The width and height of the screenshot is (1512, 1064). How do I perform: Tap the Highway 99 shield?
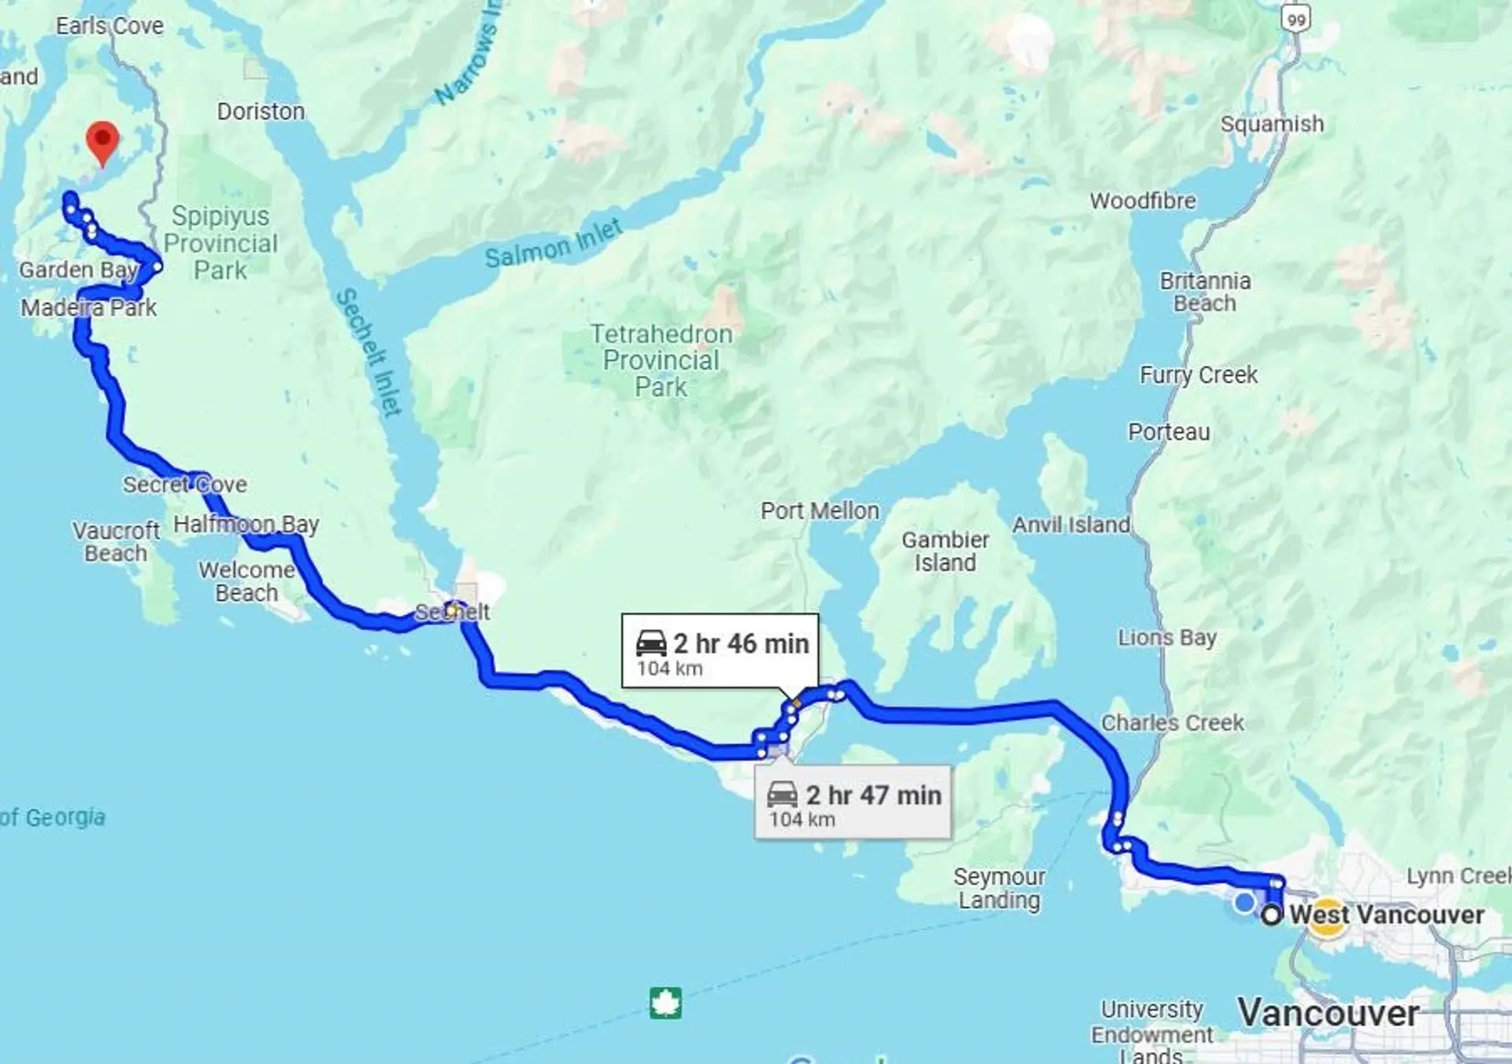point(1296,18)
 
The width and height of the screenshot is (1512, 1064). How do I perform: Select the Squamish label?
point(1272,124)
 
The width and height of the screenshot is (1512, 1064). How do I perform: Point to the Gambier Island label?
point(945,551)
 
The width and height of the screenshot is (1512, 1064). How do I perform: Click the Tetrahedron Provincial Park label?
point(661,360)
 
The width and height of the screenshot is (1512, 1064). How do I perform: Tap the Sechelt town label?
point(452,612)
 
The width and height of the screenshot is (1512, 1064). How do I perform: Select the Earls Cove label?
point(109,26)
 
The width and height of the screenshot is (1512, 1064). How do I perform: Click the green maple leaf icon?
point(665,1003)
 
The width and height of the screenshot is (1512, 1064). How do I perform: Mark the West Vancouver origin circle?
point(1271,915)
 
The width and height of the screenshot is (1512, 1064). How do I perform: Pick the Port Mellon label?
point(820,510)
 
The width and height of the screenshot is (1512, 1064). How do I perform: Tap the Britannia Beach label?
point(1205,291)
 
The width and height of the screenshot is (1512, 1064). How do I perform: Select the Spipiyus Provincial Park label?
point(220,243)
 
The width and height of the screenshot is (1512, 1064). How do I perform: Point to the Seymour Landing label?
point(999,888)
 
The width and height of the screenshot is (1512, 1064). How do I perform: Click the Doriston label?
point(261,112)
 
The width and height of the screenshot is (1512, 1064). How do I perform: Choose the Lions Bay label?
point(1167,637)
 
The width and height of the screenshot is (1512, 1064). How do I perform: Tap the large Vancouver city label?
point(1328,1013)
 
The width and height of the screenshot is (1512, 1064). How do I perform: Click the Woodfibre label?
point(1143,201)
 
